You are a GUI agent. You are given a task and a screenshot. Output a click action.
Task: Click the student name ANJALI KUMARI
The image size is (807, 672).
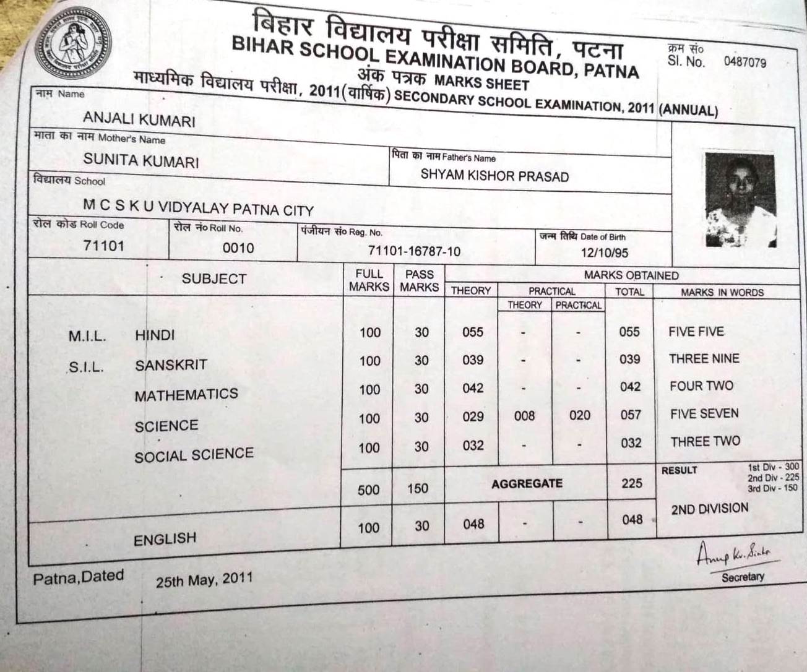(139, 118)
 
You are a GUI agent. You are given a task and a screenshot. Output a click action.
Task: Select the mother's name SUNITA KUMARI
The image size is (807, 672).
(141, 162)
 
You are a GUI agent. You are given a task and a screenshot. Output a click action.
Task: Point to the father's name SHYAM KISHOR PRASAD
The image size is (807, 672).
(494, 176)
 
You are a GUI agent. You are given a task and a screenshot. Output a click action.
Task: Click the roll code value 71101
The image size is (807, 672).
(104, 246)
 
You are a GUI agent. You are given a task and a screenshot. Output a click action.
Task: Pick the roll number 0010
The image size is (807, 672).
(238, 248)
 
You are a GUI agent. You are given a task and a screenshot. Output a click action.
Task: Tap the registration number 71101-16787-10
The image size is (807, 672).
(414, 251)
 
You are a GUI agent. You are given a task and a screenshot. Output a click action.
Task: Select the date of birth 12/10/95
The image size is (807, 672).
(605, 252)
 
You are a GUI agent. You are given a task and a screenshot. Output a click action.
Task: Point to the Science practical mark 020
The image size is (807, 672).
(579, 415)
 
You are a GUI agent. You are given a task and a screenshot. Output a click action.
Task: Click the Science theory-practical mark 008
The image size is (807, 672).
(524, 416)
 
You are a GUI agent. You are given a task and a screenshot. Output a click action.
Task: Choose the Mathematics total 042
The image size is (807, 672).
(630, 387)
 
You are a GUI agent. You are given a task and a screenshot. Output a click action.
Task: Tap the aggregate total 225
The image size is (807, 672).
(632, 483)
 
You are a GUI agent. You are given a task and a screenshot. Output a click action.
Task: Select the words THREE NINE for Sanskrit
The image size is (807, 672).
(704, 359)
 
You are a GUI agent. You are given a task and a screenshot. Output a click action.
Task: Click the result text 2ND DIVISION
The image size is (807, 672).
(710, 509)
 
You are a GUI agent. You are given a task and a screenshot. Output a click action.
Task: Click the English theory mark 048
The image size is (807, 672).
(473, 525)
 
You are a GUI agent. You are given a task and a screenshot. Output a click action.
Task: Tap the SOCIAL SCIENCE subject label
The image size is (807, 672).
(194, 455)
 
